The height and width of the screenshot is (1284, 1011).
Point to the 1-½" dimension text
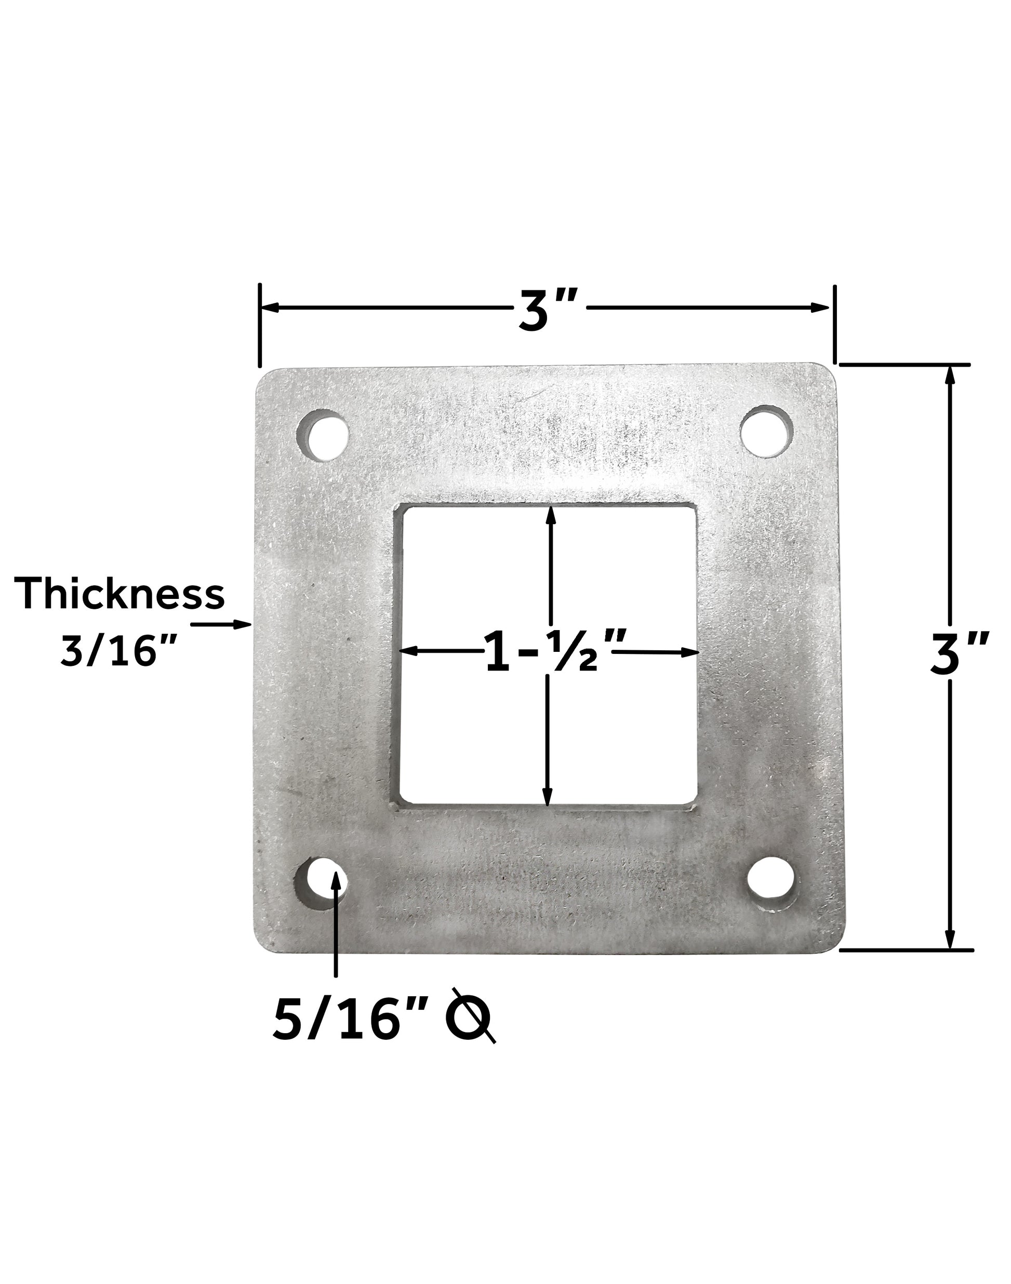pos(555,652)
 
